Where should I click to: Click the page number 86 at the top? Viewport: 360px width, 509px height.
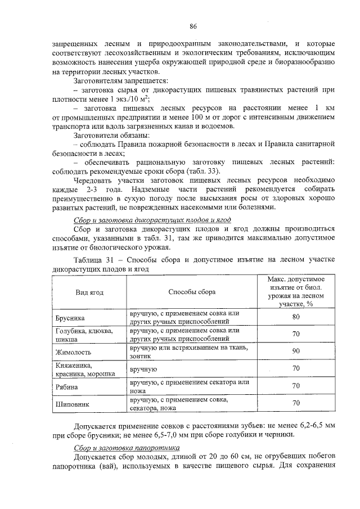click(192, 26)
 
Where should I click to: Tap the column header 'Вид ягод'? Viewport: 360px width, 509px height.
click(89, 292)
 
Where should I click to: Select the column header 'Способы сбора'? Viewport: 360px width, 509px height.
click(192, 292)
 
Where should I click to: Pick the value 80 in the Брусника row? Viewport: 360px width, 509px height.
click(296, 318)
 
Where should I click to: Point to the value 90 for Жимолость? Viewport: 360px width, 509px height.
click(296, 352)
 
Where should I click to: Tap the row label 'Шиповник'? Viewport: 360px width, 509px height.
click(71, 404)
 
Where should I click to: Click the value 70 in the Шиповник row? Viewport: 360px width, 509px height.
click(296, 404)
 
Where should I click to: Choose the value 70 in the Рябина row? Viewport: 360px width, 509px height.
click(296, 387)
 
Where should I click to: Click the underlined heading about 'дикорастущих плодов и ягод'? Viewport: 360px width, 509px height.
click(152, 219)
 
